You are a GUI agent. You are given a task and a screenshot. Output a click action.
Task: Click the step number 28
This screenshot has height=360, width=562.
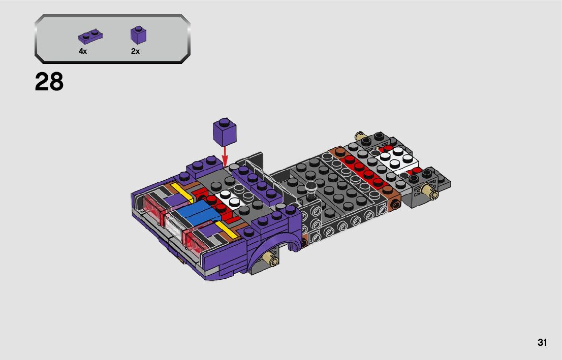click(49, 82)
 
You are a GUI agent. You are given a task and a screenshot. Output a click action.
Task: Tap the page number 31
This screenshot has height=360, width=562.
click(542, 342)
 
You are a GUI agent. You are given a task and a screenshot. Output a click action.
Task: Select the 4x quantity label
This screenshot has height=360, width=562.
click(83, 51)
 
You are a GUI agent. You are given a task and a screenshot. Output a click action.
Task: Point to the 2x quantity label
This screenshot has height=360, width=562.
click(135, 51)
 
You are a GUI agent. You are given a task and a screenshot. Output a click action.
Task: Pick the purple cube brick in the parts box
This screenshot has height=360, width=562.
click(138, 35)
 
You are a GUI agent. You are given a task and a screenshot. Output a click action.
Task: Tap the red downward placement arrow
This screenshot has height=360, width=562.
click(225, 156)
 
